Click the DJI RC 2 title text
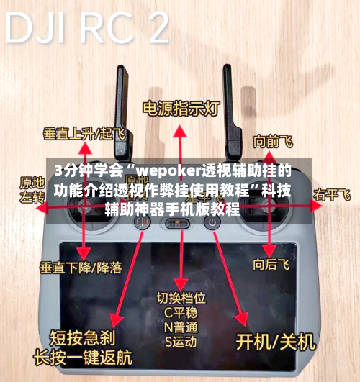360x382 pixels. (x=86, y=29)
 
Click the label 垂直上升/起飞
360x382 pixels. (x=84, y=133)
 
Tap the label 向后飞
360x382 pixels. (x=271, y=265)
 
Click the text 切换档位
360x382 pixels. (x=181, y=296)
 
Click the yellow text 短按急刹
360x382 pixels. (x=79, y=337)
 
